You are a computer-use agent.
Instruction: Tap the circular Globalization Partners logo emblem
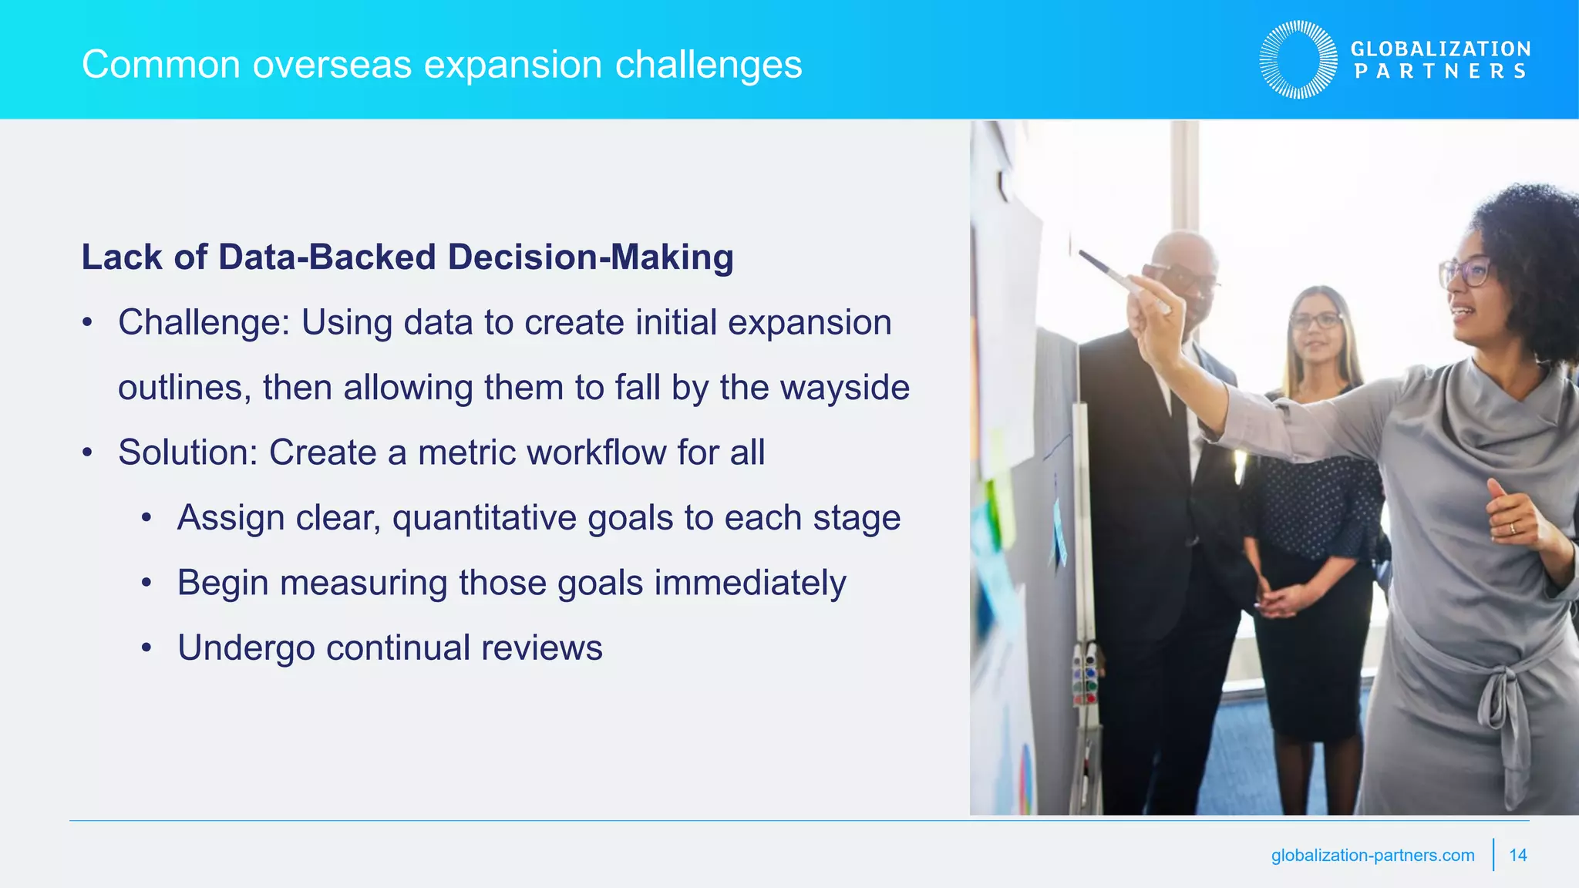click(1298, 59)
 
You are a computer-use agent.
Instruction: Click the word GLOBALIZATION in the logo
click(1440, 49)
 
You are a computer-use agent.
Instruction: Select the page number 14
click(1517, 855)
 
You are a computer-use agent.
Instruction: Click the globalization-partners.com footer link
click(1372, 855)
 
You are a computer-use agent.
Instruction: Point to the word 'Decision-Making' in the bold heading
click(590, 257)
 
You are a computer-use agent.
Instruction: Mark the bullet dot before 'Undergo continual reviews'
click(146, 647)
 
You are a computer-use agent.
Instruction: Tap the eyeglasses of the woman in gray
click(1465, 272)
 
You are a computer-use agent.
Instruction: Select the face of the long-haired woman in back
click(1317, 328)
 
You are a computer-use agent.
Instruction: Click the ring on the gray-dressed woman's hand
click(1512, 528)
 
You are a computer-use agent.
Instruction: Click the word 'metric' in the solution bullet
click(466, 452)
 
